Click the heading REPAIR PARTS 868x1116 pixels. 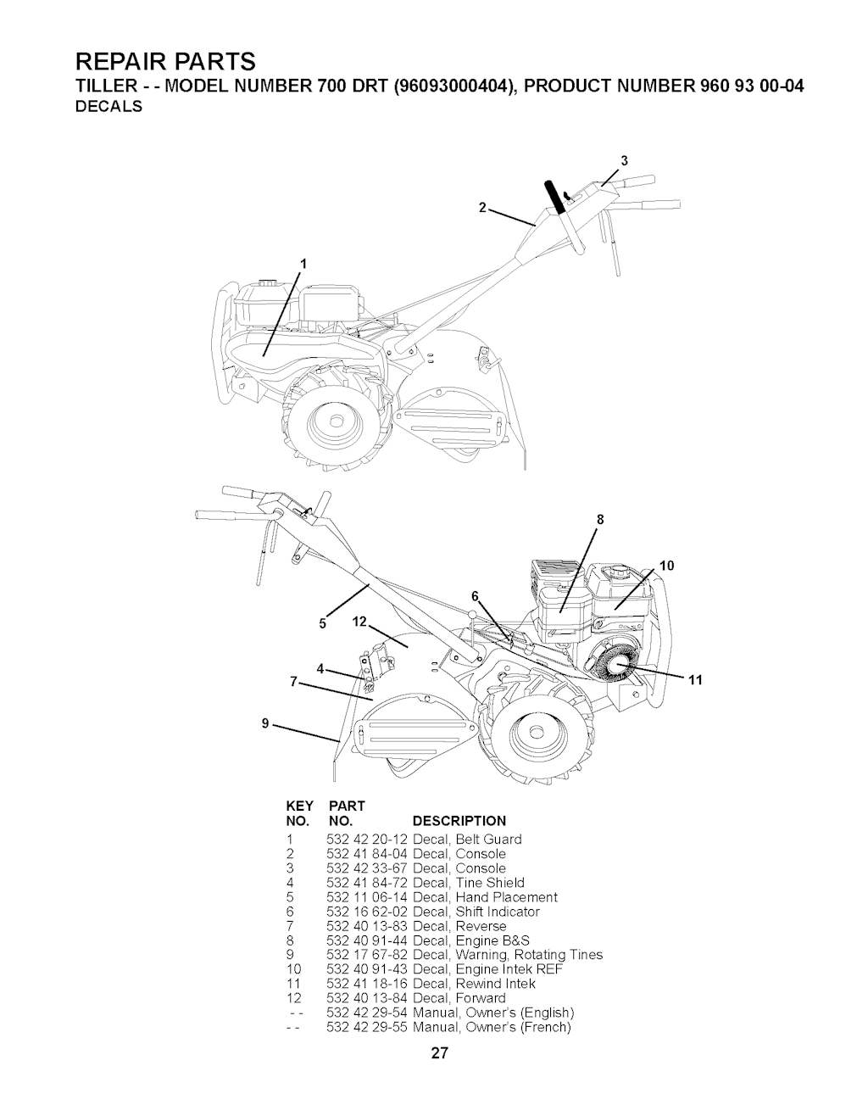164,61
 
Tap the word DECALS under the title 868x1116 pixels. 108,107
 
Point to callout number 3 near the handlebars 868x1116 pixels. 624,161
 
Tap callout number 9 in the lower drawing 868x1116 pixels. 265,723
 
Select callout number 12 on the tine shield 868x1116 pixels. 359,622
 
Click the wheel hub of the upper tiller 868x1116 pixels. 337,421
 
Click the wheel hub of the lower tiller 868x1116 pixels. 536,734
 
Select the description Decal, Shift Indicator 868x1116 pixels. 476,912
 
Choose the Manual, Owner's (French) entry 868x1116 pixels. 492,1027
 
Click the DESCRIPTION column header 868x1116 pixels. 459,821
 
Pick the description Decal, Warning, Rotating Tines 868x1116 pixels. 508,955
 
